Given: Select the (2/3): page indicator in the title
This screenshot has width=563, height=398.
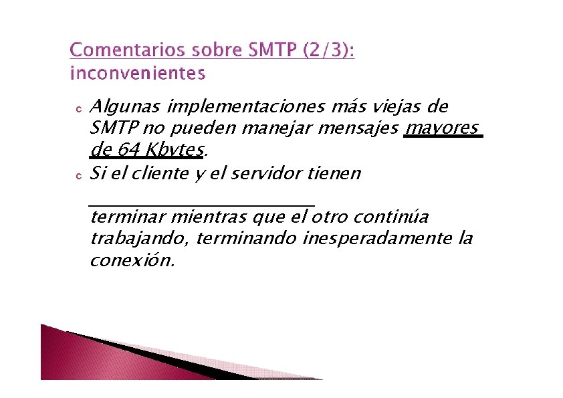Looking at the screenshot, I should [328, 51].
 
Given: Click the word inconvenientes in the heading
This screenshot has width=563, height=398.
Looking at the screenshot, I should [137, 73].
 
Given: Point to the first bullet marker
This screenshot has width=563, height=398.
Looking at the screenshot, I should [78, 108].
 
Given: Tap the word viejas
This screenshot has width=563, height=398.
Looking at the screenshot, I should [388, 107].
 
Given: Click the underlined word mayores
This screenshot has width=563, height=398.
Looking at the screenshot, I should [442, 127].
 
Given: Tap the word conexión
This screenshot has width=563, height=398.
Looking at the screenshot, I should [132, 260].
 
